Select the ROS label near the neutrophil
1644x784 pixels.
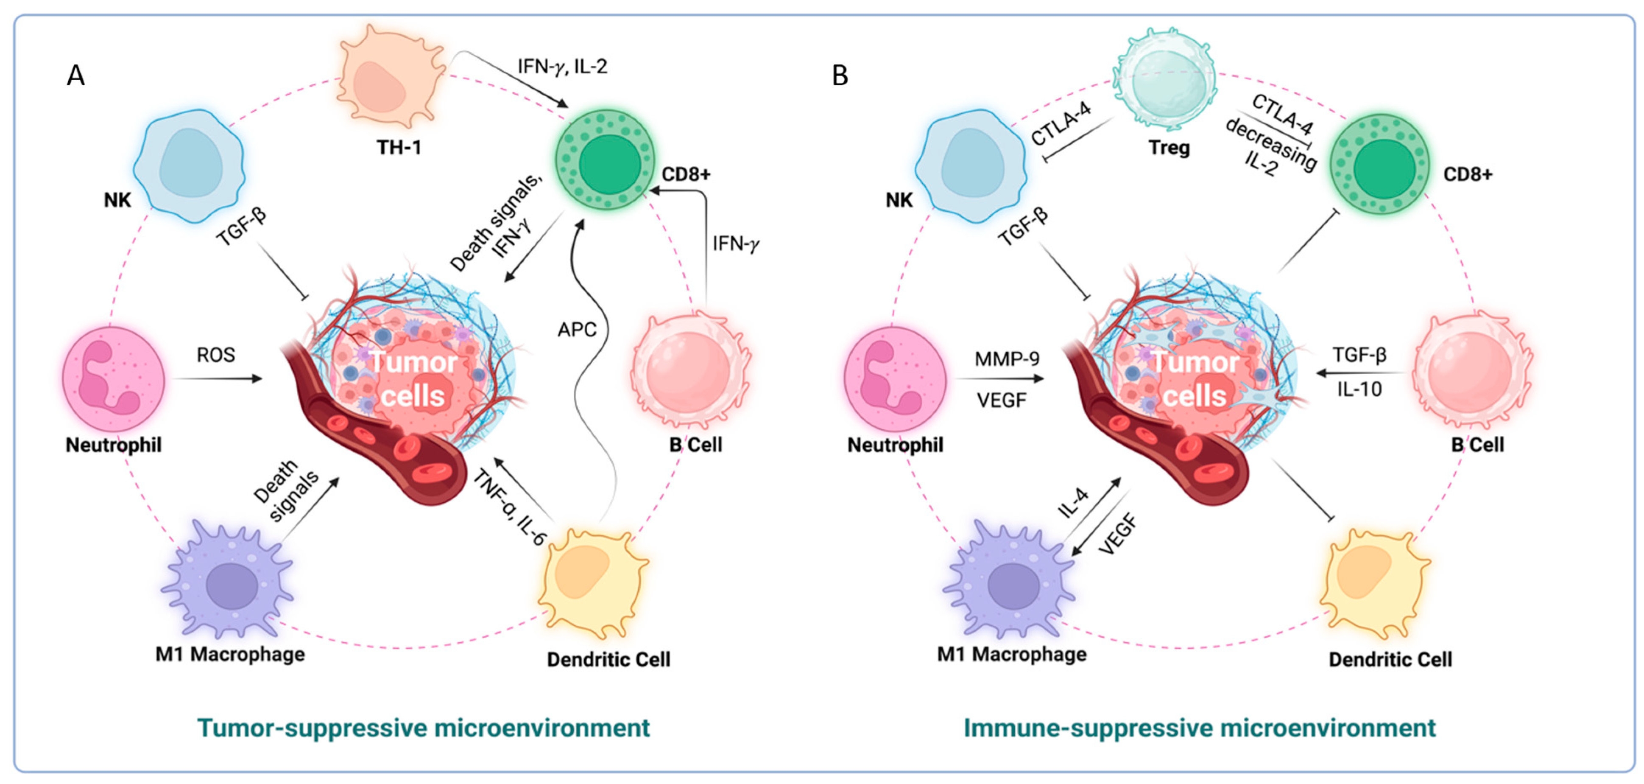click(216, 355)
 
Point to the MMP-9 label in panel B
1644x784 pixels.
click(1006, 359)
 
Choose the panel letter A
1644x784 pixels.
click(76, 76)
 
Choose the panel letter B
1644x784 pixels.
click(840, 76)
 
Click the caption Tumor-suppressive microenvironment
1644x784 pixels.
click(423, 728)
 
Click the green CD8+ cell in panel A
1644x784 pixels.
click(605, 160)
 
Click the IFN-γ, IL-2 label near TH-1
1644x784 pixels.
click(561, 67)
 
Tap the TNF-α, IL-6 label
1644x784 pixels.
click(509, 507)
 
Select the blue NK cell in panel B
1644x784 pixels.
click(970, 166)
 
